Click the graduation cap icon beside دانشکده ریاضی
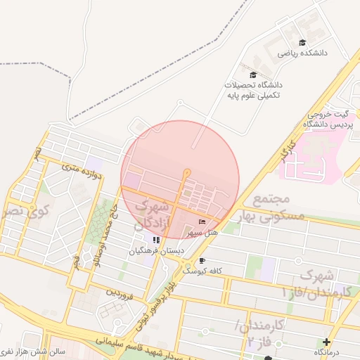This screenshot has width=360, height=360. [x=302, y=43]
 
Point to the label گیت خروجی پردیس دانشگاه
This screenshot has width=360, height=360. [x=328, y=119]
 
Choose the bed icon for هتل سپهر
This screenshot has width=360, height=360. [x=202, y=222]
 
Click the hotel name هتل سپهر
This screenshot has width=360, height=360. [x=205, y=232]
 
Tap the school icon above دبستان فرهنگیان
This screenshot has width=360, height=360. [x=156, y=240]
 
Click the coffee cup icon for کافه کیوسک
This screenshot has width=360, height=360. [x=202, y=261]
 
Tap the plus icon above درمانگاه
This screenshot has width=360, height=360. [x=326, y=342]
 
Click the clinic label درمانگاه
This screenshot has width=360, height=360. [x=328, y=352]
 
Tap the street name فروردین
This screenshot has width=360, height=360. [x=120, y=290]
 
